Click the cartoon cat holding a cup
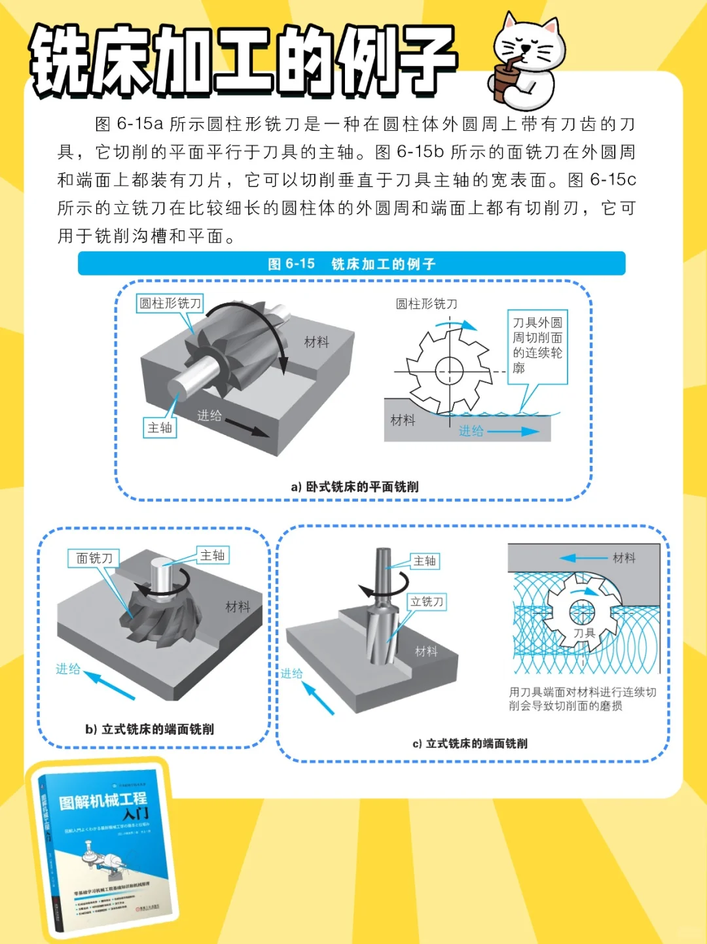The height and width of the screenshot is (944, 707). pyautogui.click(x=527, y=62)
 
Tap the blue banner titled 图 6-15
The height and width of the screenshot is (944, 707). pyautogui.click(x=352, y=264)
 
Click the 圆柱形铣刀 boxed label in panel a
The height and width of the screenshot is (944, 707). pyautogui.click(x=170, y=304)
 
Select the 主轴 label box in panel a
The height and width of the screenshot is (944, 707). pyautogui.click(x=160, y=428)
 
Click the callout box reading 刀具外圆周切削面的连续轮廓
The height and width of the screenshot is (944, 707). pyautogui.click(x=537, y=346)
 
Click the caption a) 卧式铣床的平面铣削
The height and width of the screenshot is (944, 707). pyautogui.click(x=354, y=487)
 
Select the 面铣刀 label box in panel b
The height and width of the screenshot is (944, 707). pyautogui.click(x=94, y=558)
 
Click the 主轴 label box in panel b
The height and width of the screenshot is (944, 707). pyautogui.click(x=213, y=555)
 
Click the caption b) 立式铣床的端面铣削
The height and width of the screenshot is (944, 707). pyautogui.click(x=149, y=729)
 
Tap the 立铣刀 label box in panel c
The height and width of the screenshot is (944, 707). pyautogui.click(x=427, y=602)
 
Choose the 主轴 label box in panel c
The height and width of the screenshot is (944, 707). pyautogui.click(x=425, y=561)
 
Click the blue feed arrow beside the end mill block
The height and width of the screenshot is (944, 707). pyautogui.click(x=318, y=699)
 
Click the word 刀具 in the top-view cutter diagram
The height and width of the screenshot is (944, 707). pyautogui.click(x=584, y=633)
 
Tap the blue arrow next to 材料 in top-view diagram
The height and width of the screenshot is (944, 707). pyautogui.click(x=583, y=558)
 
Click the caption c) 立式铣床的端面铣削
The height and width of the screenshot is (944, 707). pyautogui.click(x=469, y=743)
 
